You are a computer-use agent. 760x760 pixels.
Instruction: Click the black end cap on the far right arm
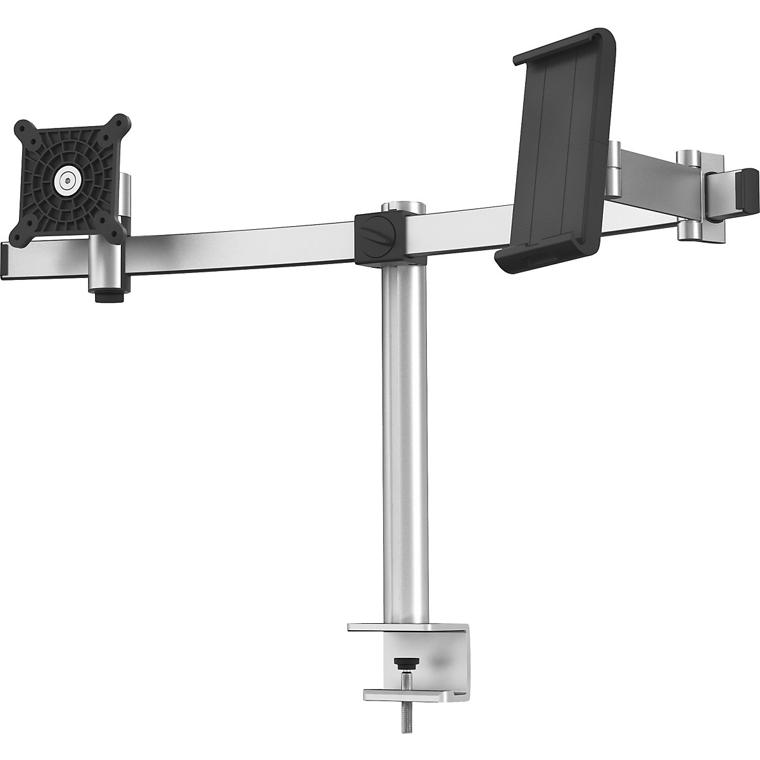pyautogui.click(x=748, y=190)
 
